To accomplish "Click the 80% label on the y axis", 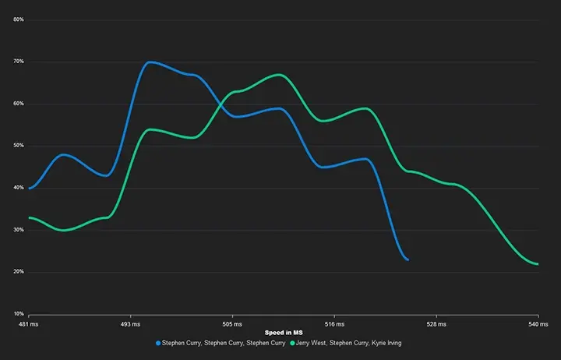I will [x=19, y=19].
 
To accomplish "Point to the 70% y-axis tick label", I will [x=19, y=61].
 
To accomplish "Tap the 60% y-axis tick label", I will [x=19, y=103].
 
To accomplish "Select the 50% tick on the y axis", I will [x=19, y=145].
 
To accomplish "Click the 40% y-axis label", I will [x=19, y=187].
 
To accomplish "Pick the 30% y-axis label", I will [x=19, y=229].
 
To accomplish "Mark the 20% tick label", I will [x=19, y=271].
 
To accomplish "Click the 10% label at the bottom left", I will [x=19, y=313].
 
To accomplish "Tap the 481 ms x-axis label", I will [x=29, y=323].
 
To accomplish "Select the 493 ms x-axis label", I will [x=130, y=323].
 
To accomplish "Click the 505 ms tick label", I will [x=232, y=323].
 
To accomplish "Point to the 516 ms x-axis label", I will [x=334, y=323].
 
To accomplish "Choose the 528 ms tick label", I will [x=436, y=323].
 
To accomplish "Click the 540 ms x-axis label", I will [x=538, y=323].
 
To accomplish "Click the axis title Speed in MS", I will [x=283, y=333].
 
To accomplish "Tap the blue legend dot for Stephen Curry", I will [x=159, y=343].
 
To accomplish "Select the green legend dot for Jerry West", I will [x=292, y=343].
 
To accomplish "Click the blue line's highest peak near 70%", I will [x=150, y=62].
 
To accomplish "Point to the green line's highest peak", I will [x=280, y=75].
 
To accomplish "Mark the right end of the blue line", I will [x=408, y=259].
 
